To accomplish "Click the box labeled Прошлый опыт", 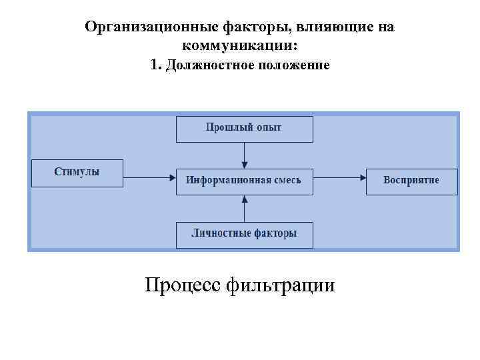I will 244,129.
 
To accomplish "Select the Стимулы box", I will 77,173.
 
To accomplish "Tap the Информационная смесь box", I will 244,181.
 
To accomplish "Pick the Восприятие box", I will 411,181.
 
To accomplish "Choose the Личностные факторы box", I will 244,234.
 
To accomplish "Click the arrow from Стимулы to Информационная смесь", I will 149,177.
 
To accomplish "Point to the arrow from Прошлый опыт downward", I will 245,155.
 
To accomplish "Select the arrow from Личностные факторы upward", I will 245,208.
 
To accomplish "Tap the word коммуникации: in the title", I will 239,46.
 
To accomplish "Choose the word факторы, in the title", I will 251,28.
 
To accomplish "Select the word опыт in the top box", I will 269,127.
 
